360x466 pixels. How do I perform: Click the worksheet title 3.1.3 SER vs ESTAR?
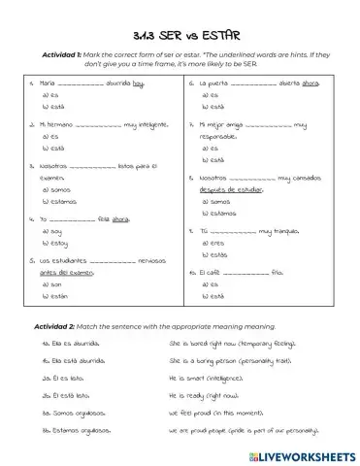click(180, 37)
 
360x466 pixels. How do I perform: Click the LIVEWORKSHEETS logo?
click(305, 452)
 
